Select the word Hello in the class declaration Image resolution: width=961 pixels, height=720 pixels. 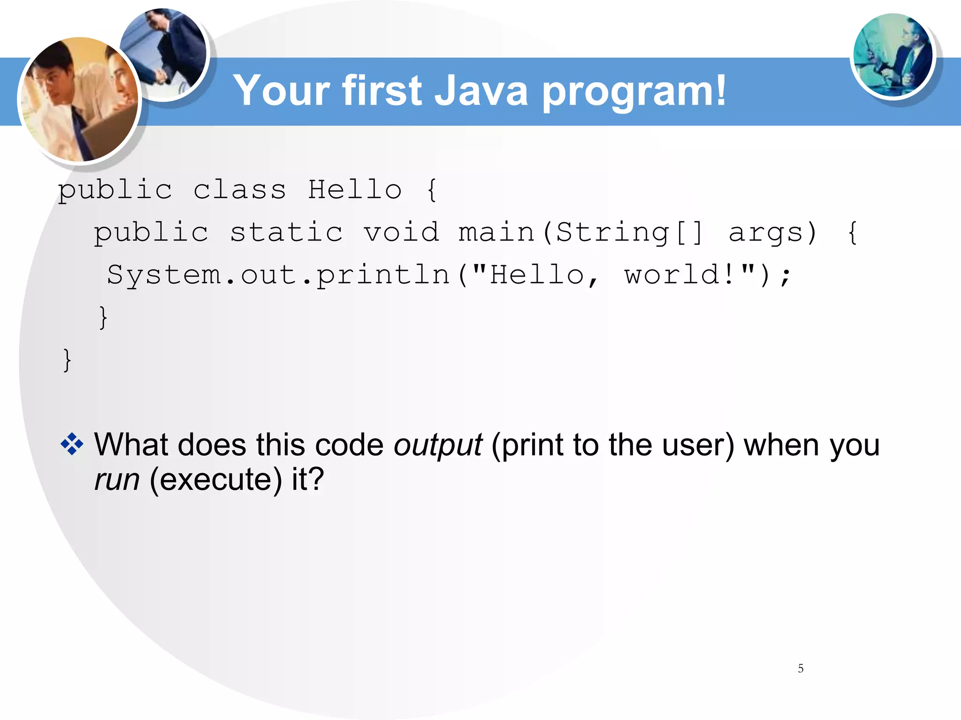tap(355, 190)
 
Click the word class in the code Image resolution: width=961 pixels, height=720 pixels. tap(239, 190)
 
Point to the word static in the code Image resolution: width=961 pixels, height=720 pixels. tap(286, 232)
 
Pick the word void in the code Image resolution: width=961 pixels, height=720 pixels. tap(402, 232)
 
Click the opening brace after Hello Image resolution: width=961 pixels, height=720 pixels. tap(432, 190)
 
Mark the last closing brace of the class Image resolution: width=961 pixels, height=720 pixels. tap(67, 360)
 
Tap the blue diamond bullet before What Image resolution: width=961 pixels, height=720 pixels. tap(72, 444)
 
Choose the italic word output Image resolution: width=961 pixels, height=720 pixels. tap(438, 445)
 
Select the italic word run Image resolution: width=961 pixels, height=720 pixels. tap(117, 480)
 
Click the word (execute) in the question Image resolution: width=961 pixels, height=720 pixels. tap(216, 480)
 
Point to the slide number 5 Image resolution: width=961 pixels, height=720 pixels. tap(801, 668)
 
